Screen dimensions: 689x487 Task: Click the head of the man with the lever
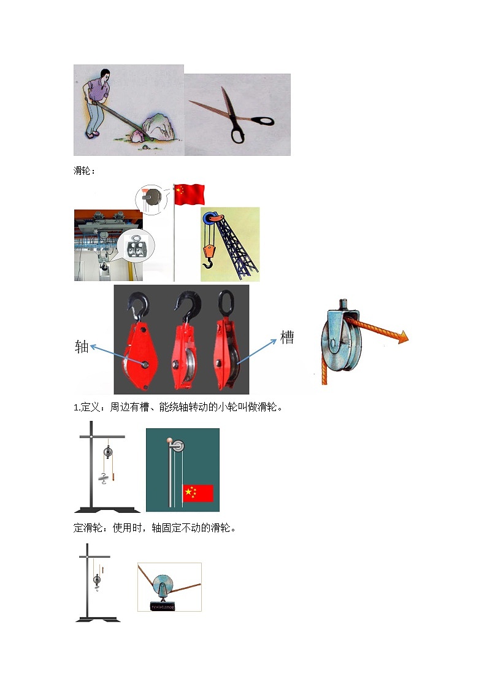pyautogui.click(x=104, y=74)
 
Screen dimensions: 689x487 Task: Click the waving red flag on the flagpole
pyautogui.click(x=190, y=194)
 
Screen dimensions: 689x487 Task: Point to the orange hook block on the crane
pyautogui.click(x=209, y=252)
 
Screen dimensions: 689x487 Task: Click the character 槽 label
pyautogui.click(x=287, y=337)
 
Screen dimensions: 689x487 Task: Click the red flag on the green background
pyautogui.click(x=197, y=493)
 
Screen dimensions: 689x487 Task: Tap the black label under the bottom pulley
pyautogui.click(x=163, y=607)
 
